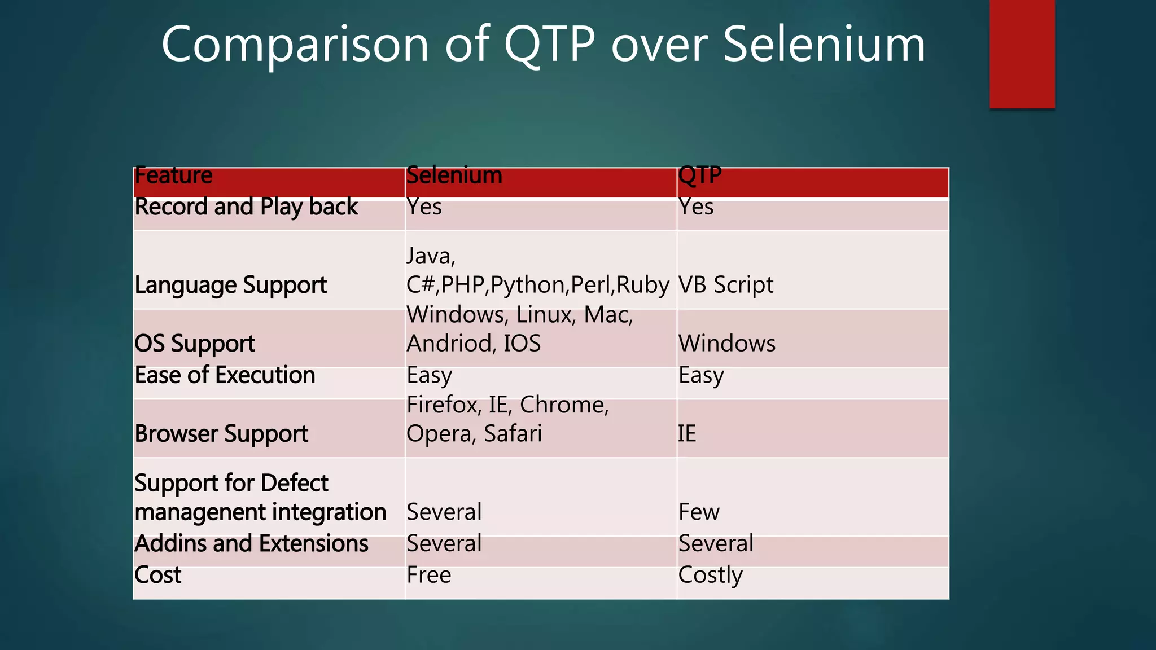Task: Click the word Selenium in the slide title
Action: (x=824, y=45)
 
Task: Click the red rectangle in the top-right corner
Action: (x=1022, y=54)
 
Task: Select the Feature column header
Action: (x=174, y=176)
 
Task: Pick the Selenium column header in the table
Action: (x=454, y=176)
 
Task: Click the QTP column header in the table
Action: (x=700, y=176)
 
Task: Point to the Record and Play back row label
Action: (x=246, y=207)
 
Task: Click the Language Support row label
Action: (x=230, y=285)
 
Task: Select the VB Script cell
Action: (x=726, y=285)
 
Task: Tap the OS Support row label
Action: (x=195, y=344)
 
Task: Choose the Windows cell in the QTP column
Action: (x=727, y=344)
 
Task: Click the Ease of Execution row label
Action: (x=225, y=375)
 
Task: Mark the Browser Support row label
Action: (x=221, y=434)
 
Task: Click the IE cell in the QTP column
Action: (x=687, y=434)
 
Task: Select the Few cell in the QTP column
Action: (x=699, y=512)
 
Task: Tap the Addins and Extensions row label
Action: (x=251, y=544)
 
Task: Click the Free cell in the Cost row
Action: (x=429, y=576)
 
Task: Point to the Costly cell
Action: (x=710, y=576)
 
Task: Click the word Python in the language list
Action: (x=528, y=285)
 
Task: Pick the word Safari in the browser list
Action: (x=513, y=434)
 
